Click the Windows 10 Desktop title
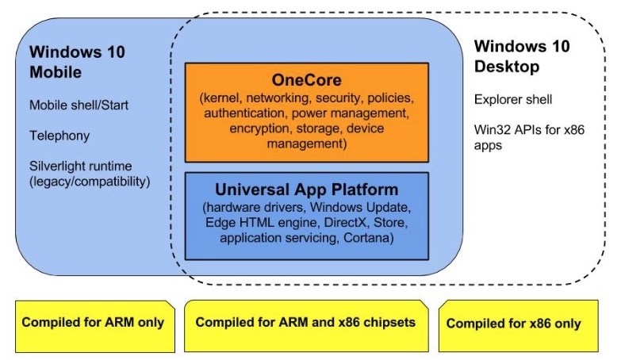[521, 56]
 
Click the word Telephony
[59, 136]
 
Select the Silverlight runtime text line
[80, 167]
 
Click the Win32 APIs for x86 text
[528, 132]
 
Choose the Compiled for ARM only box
[93, 323]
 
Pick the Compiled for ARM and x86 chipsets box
[306, 323]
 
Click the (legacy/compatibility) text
[90, 182]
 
